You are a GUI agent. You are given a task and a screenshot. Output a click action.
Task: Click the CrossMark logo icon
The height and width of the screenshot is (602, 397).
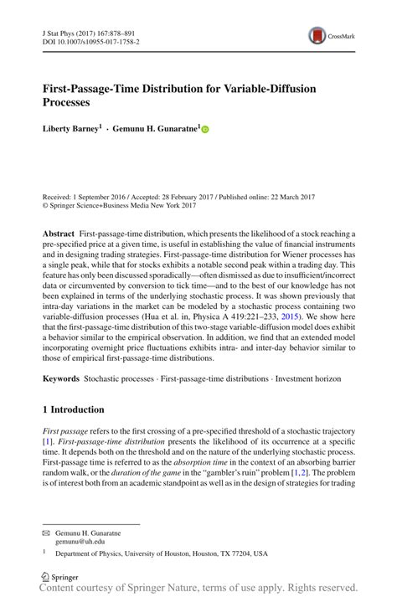coord(318,35)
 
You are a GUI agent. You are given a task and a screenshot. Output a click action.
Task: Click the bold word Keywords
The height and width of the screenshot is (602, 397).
coord(61,378)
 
